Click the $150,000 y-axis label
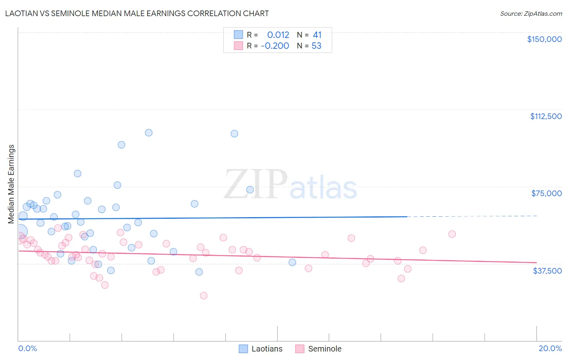tap(544, 39)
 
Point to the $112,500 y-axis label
tap(546, 116)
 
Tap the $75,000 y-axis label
tap(546, 193)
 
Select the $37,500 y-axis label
tap(547, 271)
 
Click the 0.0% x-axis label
tap(27, 348)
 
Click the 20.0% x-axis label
tap(550, 348)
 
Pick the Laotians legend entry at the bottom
tap(261, 349)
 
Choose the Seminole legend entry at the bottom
tap(318, 349)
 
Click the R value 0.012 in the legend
tap(278, 35)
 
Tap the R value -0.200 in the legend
tap(275, 46)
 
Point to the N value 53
tap(316, 46)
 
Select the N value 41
tap(317, 35)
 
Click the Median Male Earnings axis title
tap(11, 184)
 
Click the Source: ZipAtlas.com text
tap(531, 14)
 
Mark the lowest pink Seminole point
tap(204, 295)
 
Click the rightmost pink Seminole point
tap(452, 234)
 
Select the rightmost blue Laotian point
tap(292, 262)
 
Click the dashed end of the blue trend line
tap(472, 216)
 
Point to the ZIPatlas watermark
tap(290, 184)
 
